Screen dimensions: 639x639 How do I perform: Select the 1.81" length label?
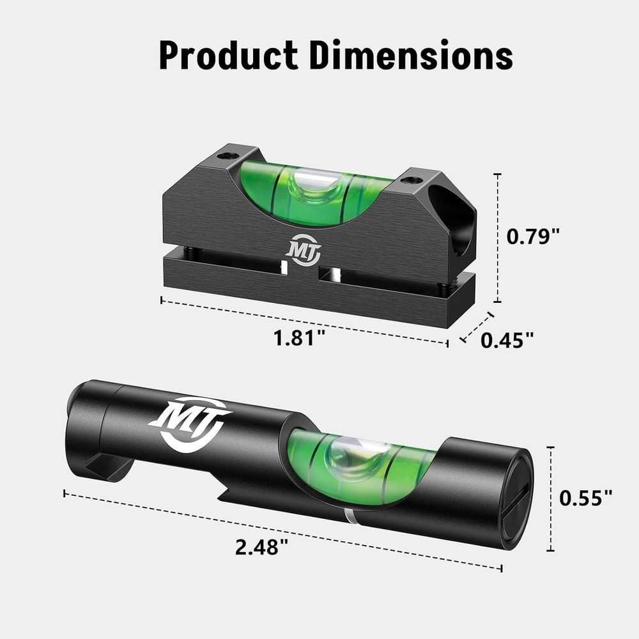(x=296, y=338)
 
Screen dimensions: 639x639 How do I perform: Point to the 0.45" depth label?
(x=507, y=340)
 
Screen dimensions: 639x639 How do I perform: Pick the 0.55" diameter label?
(x=586, y=498)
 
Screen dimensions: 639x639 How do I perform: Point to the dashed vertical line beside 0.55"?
(x=551, y=498)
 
